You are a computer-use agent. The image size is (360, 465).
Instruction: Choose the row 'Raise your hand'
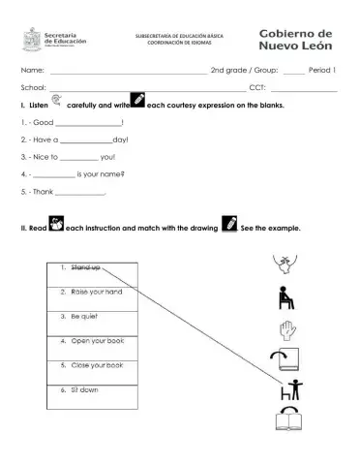[93, 293]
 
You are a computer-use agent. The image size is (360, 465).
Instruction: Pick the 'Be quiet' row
[93, 317]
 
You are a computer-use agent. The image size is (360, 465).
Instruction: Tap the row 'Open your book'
[93, 342]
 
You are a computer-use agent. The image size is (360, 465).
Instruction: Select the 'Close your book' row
[93, 366]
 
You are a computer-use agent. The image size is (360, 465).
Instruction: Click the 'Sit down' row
[93, 391]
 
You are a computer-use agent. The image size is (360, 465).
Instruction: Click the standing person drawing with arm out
[287, 389]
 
